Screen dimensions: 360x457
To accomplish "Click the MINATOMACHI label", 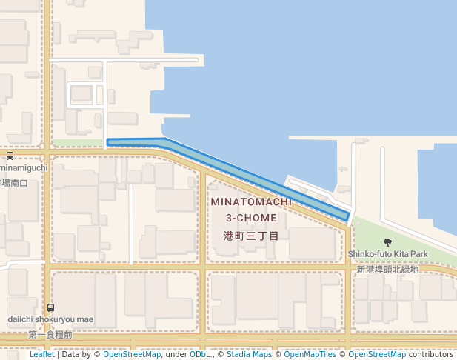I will point(250,201).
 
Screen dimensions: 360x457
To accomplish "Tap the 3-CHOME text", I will point(251,218).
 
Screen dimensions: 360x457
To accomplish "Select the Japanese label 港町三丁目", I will point(251,236).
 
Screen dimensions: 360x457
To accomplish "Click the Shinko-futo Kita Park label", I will point(388,254).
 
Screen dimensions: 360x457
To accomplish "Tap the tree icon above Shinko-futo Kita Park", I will point(387,242).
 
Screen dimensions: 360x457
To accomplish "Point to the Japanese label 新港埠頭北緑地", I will point(387,268).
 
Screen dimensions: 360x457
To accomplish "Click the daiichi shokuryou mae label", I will point(50,319).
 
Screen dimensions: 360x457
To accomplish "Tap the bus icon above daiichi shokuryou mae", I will point(50,307).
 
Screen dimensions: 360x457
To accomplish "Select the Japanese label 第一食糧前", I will point(50,335).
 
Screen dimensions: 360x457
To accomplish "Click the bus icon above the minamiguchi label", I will point(10,156).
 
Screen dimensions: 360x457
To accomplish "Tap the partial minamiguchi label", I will point(24,168).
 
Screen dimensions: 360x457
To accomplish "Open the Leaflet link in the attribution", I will point(41,355).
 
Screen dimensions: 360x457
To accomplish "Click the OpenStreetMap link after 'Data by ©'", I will point(132,355).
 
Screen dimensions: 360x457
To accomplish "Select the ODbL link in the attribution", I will point(200,355).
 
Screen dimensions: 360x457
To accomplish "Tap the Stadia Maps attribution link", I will point(249,355).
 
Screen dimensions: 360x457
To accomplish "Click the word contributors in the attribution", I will point(430,355).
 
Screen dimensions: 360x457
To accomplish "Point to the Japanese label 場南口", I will point(14,182).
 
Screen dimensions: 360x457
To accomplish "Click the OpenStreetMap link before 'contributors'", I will point(377,355).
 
